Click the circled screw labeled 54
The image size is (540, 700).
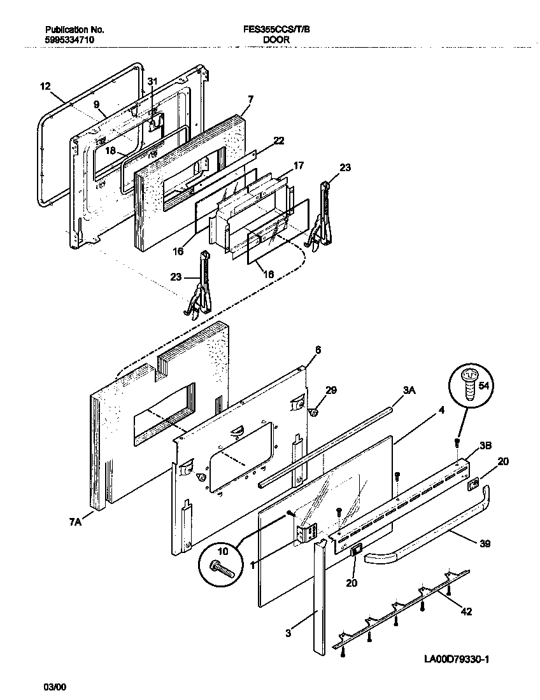click(x=469, y=384)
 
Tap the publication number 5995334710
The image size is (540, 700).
click(x=71, y=39)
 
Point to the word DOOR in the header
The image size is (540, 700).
click(x=276, y=39)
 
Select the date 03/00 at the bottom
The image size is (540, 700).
click(x=54, y=687)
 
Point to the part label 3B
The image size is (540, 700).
click(x=485, y=446)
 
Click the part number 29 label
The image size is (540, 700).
click(x=331, y=390)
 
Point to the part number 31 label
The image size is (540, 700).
click(x=152, y=81)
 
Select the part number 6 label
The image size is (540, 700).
click(x=318, y=349)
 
